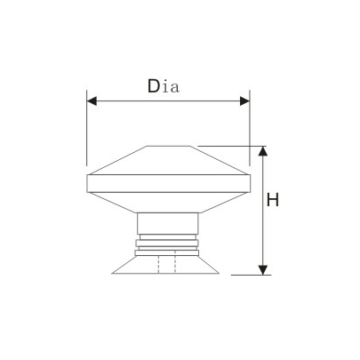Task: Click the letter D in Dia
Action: tap(155, 85)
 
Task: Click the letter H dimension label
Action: tap(274, 200)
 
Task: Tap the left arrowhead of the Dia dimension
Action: tap(92, 101)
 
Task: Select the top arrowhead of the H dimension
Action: tap(262, 151)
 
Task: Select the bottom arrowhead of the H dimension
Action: tap(262, 268)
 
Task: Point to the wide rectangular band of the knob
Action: tap(168, 186)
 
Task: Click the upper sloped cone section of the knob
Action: tap(168, 162)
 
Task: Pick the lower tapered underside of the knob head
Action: tap(168, 203)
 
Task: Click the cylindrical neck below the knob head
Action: tap(168, 223)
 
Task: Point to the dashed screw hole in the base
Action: tap(168, 265)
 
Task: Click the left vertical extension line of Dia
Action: tap(86, 133)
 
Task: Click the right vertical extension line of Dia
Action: tap(250, 133)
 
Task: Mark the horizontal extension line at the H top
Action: tap(231, 145)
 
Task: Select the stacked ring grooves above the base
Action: tap(168, 244)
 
